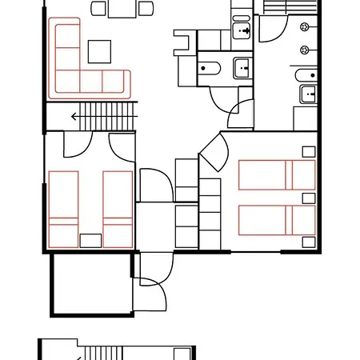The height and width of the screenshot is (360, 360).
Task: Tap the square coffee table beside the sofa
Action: coord(101,52)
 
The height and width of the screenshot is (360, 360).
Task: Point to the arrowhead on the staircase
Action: coord(74,117)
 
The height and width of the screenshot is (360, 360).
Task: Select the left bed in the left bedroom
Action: coord(63,209)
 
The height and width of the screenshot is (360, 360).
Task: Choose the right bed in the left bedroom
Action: coord(118,209)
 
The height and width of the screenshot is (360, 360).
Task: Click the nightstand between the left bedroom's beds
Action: coord(90,240)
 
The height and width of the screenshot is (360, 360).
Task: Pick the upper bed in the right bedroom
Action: coord(277,174)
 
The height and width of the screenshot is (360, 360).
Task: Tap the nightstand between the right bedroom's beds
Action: coord(308,198)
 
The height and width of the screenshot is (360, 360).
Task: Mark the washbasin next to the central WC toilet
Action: coord(242,68)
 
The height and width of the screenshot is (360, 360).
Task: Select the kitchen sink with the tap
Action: coord(242,31)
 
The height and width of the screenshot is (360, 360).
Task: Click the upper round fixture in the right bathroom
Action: coord(305,27)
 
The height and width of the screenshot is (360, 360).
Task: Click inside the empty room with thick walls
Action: coord(90,284)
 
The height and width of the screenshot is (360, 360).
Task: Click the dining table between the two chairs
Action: coord(122,7)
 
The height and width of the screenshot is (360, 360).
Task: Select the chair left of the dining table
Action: coord(99,8)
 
